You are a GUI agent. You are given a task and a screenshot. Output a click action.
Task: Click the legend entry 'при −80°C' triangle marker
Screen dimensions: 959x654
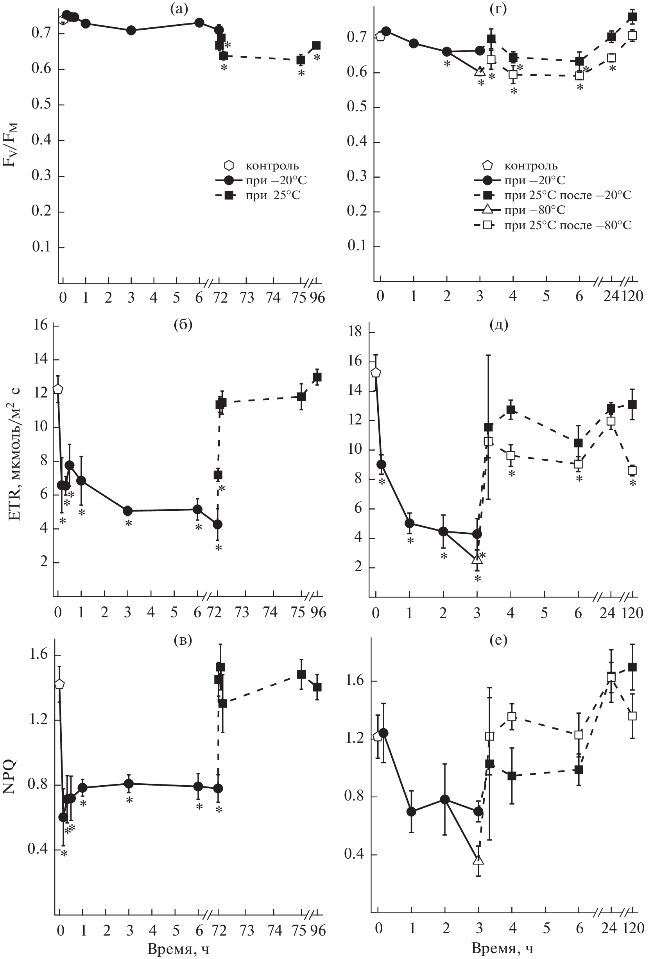[488, 210]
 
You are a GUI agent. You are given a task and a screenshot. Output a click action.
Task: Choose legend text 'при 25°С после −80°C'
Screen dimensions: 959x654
[568, 225]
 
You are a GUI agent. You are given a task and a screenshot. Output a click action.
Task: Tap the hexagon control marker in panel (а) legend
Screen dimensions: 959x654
[228, 166]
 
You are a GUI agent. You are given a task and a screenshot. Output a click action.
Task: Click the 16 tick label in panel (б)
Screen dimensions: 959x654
[40, 326]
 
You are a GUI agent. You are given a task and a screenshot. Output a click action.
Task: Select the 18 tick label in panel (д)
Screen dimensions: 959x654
[355, 333]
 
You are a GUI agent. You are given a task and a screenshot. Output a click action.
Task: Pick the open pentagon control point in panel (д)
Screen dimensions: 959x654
[376, 373]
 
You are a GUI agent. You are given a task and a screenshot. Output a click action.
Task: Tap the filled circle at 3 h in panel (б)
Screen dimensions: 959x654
[128, 511]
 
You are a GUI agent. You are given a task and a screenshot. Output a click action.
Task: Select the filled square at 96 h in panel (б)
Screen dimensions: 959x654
[317, 377]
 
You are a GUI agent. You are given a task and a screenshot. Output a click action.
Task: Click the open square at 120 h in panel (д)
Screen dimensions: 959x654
[632, 471]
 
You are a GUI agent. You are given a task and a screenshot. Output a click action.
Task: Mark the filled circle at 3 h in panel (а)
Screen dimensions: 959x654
[131, 30]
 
